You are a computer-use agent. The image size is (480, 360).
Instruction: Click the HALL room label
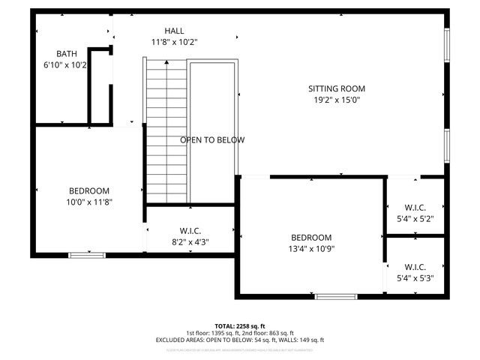coord(174,31)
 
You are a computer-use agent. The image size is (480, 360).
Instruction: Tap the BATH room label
coord(67,53)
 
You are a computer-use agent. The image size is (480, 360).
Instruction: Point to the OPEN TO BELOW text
coord(212,140)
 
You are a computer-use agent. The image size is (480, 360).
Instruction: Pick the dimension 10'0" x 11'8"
coord(89,202)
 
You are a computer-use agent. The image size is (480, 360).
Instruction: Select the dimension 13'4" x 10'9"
coord(310,249)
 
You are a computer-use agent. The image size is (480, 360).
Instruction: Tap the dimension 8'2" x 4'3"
coord(190,242)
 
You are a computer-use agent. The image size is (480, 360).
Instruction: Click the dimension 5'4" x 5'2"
coord(415,220)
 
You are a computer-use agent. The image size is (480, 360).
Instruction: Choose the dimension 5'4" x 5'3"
coord(415,278)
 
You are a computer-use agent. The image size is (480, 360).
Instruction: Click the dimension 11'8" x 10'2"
coord(174,42)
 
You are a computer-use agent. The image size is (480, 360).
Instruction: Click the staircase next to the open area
coord(166,131)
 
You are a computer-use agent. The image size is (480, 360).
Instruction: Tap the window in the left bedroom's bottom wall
coord(86,255)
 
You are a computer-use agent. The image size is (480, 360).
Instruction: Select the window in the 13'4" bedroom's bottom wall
coord(336,296)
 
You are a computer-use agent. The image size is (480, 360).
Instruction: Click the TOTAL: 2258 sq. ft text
coord(240,326)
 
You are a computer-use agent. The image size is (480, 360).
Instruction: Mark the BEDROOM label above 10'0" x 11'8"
coord(89,190)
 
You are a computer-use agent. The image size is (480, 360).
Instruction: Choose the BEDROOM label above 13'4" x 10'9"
coord(310,237)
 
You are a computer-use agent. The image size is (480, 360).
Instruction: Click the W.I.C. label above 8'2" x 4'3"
coord(190,231)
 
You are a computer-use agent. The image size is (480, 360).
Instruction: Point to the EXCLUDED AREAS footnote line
coord(240,340)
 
